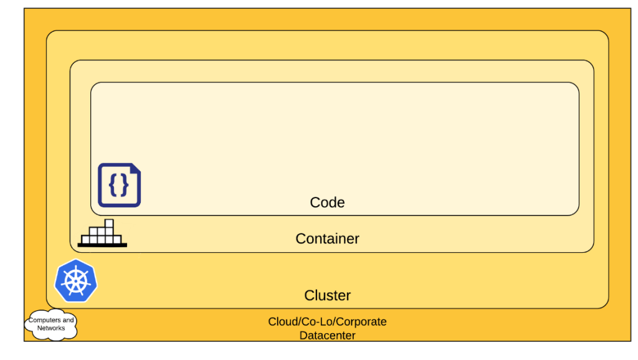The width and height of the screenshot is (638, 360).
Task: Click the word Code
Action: [327, 202]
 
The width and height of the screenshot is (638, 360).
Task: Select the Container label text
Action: [327, 239]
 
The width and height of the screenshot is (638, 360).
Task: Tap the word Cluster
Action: [327, 295]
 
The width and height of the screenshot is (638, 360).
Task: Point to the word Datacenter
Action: [327, 336]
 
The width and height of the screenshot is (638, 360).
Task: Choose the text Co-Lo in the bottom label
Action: [317, 322]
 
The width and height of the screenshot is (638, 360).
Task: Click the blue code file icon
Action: [119, 185]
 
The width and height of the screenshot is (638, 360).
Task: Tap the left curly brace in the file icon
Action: [113, 184]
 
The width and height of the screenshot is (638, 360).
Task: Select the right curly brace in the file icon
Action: [124, 184]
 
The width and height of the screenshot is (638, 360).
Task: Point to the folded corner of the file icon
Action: [135, 169]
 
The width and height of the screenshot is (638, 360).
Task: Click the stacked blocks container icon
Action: [102, 234]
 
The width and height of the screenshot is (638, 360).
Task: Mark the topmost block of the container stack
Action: [109, 224]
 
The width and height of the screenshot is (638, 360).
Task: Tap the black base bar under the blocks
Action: [102, 245]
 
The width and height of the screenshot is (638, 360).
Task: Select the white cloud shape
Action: [51, 324]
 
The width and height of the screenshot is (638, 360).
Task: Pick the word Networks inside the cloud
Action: [51, 328]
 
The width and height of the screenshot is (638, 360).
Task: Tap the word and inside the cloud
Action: [68, 320]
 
